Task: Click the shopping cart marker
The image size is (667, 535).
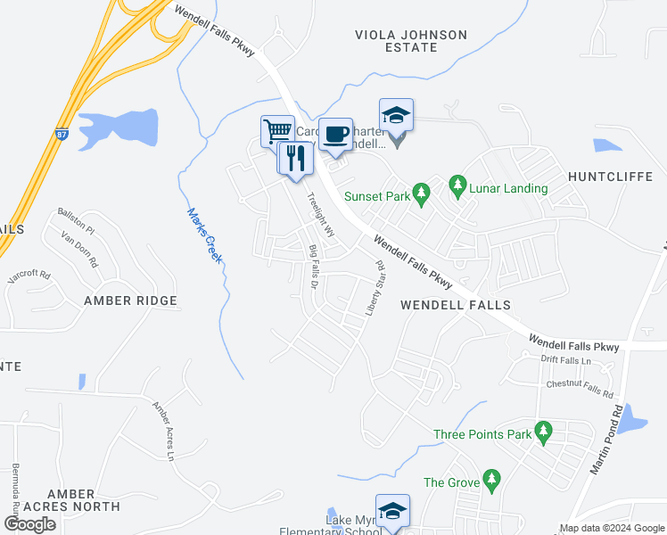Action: click(x=277, y=131)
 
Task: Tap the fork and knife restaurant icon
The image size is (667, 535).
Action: click(x=295, y=159)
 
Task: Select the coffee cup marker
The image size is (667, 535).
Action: click(x=335, y=134)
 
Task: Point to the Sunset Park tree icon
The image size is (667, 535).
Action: click(x=423, y=191)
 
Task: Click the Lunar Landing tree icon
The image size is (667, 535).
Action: click(x=458, y=185)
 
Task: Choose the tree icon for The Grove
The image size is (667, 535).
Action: click(x=490, y=481)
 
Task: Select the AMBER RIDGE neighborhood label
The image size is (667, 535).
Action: click(x=130, y=301)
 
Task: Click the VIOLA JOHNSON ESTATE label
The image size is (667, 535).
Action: click(x=410, y=41)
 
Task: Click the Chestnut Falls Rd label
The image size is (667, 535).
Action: click(x=581, y=388)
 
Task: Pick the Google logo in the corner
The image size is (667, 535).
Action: click(x=29, y=524)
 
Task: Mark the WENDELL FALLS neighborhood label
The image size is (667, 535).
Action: click(x=456, y=305)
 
